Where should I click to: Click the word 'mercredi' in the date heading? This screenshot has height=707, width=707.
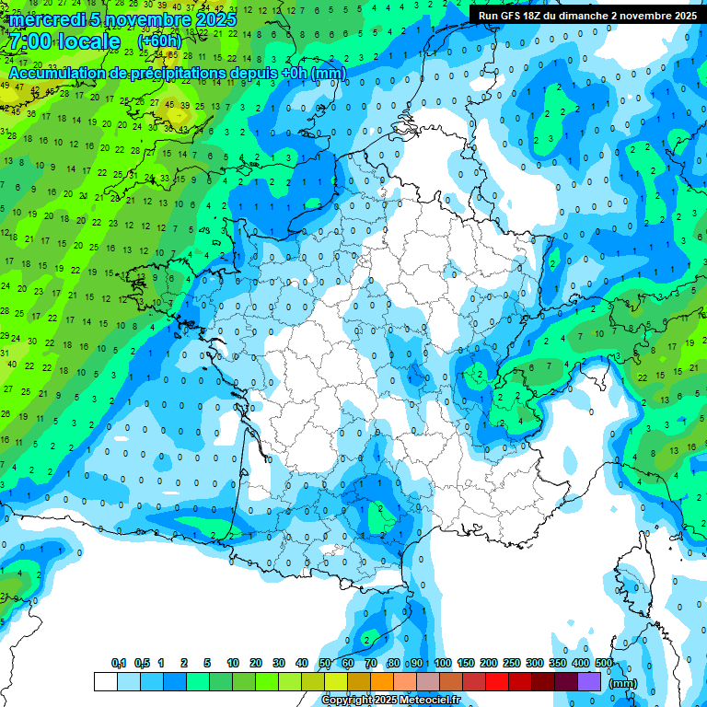tap(41, 19)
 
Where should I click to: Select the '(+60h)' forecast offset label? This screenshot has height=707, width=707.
tap(159, 41)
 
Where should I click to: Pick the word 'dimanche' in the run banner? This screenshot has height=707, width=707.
tap(586, 16)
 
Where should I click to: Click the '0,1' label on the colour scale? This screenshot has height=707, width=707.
tap(119, 663)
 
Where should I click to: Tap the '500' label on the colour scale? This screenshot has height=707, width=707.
tap(604, 663)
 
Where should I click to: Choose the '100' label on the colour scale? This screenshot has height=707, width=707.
tap(443, 663)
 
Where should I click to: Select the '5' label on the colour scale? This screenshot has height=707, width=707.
tap(208, 663)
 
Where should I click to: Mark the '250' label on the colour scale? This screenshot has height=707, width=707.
tap(512, 663)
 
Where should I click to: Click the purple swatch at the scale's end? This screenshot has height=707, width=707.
tap(589, 681)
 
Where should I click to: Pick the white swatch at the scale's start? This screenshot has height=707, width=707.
tap(105, 681)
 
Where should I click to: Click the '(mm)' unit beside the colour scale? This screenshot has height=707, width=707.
tap(624, 683)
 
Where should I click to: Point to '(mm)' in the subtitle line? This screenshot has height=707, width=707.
tap(329, 73)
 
